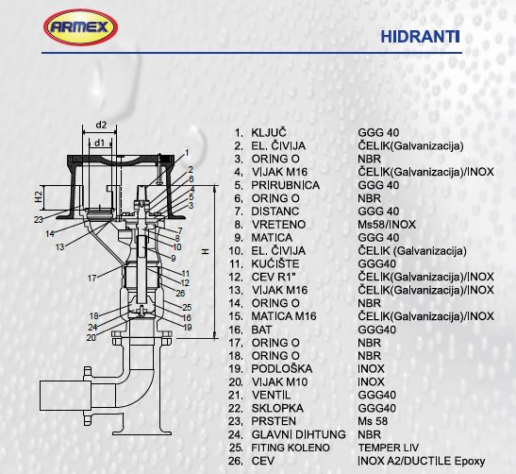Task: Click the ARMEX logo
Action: click(80, 27)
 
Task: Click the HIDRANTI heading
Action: click(420, 37)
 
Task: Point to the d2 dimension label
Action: click(101, 126)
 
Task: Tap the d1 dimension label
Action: click(99, 143)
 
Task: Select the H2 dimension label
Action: click(39, 196)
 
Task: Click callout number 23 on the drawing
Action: click(39, 219)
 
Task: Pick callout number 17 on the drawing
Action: click(92, 279)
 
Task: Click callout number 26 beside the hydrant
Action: click(180, 293)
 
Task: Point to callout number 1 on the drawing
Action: click(187, 153)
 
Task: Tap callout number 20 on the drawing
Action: click(92, 338)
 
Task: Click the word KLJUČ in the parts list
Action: click(269, 133)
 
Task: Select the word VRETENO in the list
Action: click(278, 225)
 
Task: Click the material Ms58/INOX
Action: click(387, 225)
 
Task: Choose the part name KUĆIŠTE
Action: click(275, 263)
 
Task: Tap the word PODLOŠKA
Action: click(282, 369)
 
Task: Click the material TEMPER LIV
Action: click(389, 448)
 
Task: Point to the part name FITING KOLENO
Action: click(291, 448)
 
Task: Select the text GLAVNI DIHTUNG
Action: click(298, 434)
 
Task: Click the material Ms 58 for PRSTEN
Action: click(373, 421)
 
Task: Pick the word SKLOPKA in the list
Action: click(277, 408)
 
